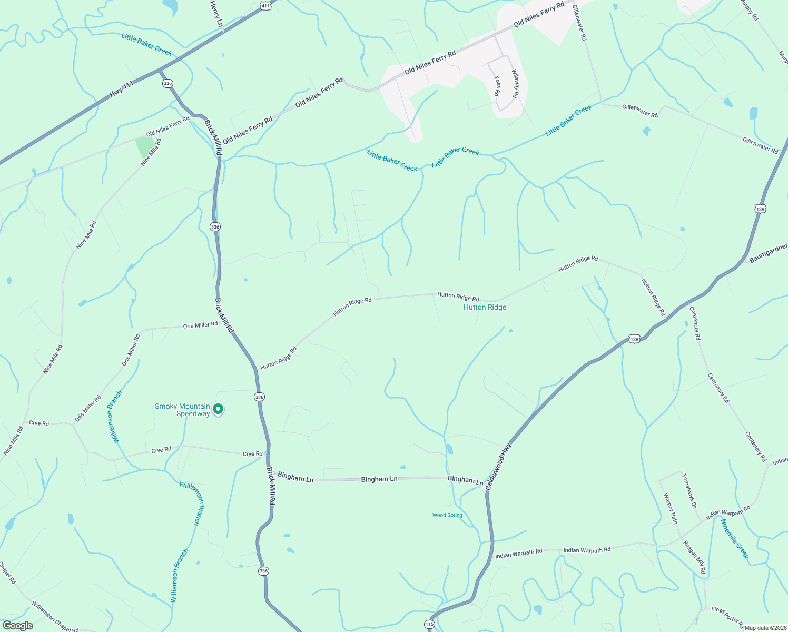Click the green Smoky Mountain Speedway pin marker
218,409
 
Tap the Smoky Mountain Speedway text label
182,410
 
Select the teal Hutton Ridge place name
485,307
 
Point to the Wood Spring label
447,515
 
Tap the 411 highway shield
265,6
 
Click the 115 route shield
429,624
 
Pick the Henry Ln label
216,14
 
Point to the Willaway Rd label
515,84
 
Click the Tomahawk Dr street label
689,490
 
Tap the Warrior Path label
670,509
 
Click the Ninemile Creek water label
734,539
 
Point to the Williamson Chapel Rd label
55,617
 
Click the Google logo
17,626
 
